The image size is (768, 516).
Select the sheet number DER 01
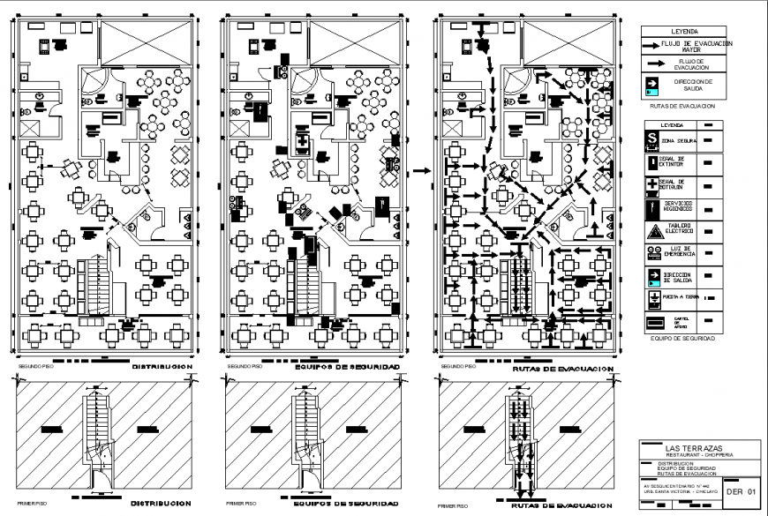click(x=741, y=491)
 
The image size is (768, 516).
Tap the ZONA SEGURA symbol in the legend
click(x=651, y=139)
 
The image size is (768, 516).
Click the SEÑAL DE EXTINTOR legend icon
click(x=651, y=162)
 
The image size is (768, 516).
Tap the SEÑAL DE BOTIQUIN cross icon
click(x=651, y=184)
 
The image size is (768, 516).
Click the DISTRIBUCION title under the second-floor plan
click(x=162, y=365)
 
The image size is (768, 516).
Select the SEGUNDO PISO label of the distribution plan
click(x=34, y=366)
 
